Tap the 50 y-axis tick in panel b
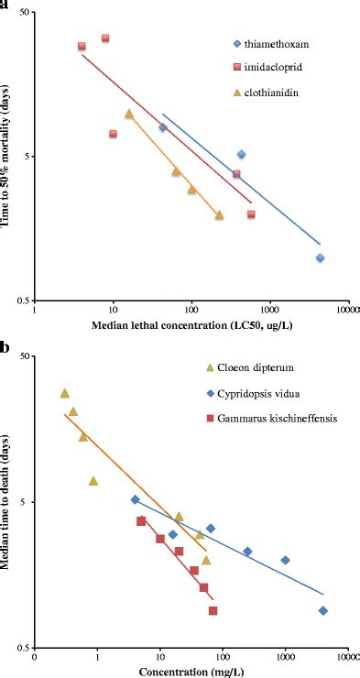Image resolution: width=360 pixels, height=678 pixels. point(24,356)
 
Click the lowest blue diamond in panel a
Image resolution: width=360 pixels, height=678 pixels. point(320,258)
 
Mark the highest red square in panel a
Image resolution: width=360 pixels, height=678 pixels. point(105,38)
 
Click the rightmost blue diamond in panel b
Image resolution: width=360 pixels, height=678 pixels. point(322,610)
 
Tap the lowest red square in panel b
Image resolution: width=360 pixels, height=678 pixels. point(213,610)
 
